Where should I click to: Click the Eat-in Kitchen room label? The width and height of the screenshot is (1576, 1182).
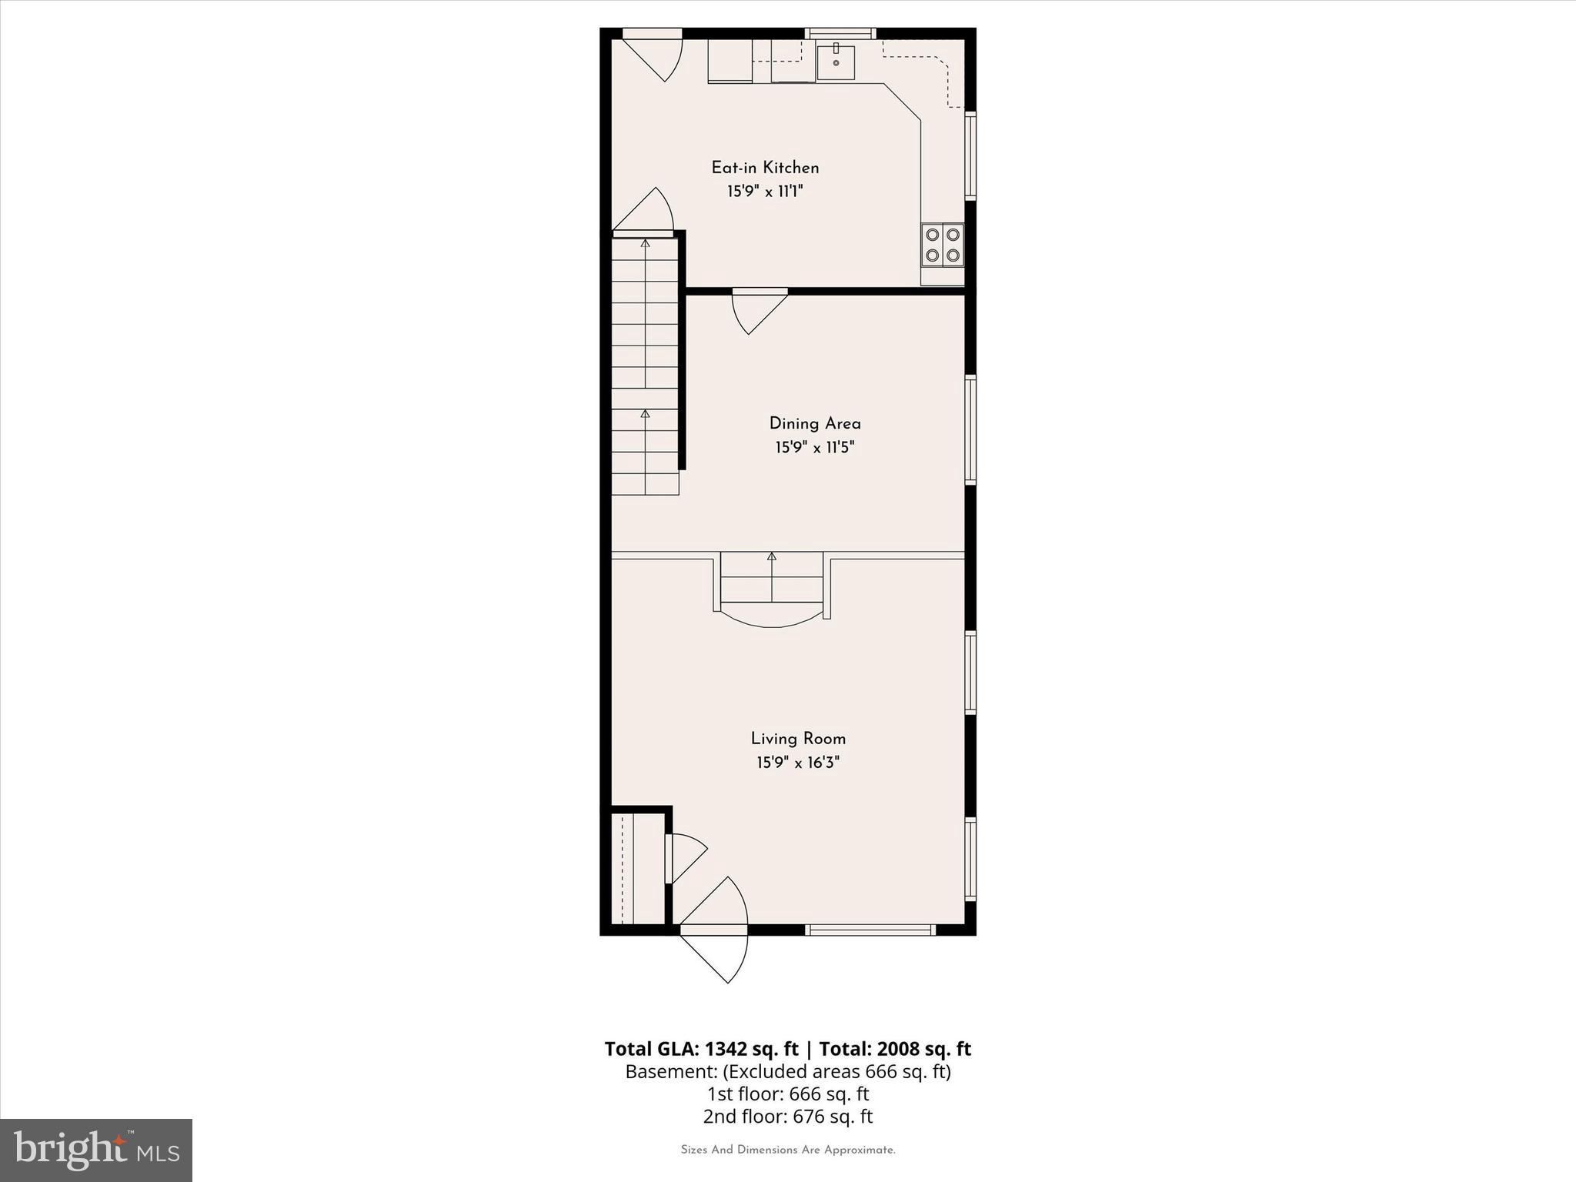click(x=765, y=168)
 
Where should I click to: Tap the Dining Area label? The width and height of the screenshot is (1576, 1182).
click(x=815, y=423)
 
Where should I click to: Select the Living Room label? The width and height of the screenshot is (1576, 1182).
click(x=798, y=739)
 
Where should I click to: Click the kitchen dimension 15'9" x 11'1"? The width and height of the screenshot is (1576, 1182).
click(x=765, y=192)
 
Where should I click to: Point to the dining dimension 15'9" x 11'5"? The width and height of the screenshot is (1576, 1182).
click(x=815, y=447)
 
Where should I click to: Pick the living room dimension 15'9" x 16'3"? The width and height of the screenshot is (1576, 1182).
click(x=798, y=763)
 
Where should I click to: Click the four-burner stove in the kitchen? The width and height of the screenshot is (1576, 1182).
click(x=943, y=245)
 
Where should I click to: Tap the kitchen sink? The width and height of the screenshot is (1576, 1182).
click(x=836, y=62)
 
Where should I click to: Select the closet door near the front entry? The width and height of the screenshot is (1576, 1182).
click(x=686, y=857)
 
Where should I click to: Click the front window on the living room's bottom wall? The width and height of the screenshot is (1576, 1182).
click(x=870, y=930)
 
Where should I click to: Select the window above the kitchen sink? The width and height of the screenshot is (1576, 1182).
click(x=840, y=33)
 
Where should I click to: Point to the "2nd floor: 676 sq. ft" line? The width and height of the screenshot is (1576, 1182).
click(x=787, y=1116)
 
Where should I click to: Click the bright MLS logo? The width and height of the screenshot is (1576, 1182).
click(x=96, y=1150)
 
